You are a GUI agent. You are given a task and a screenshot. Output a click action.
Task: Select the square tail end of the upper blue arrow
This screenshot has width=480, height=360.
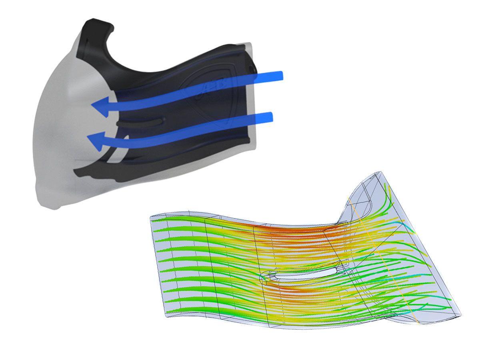[280, 76]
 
